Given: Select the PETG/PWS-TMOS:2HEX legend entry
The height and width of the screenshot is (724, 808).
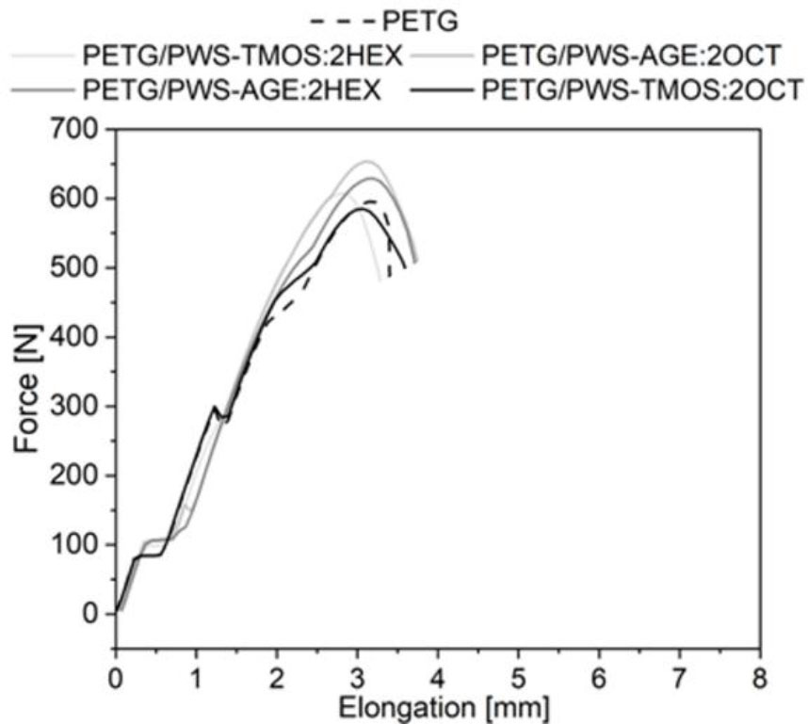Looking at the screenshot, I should point(243,56).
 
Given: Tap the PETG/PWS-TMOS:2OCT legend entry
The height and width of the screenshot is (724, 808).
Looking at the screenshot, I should point(640,90).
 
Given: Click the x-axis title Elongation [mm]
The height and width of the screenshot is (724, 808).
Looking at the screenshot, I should point(438,706).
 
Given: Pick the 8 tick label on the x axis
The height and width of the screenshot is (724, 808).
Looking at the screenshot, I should point(760,678).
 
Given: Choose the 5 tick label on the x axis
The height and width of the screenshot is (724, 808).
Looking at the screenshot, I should point(518,678).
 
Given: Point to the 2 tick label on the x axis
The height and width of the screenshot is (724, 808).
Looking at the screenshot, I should point(277,678).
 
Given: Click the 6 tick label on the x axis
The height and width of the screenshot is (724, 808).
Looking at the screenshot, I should point(599,678).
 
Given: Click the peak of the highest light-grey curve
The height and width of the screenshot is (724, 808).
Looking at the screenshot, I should point(368,162).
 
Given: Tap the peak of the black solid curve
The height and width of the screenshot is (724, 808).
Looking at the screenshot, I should point(358,208).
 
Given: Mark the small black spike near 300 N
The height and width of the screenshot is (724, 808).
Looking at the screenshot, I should point(215,407).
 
